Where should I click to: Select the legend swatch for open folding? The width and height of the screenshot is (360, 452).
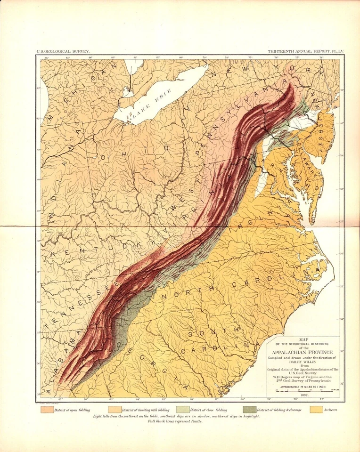47,410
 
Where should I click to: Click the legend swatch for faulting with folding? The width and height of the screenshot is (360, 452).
115,410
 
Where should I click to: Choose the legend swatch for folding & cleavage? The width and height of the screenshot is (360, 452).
250,410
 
